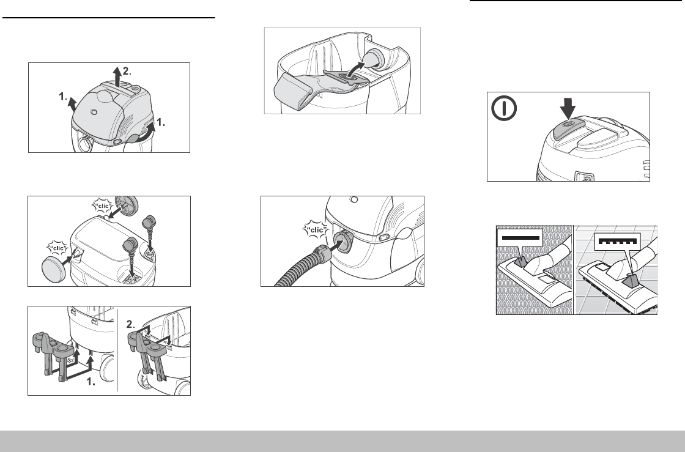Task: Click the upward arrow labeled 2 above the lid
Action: coord(117,77)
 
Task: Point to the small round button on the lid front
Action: coord(94,113)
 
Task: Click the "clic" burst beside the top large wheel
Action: coord(103,206)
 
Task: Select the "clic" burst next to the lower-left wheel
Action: coord(58,248)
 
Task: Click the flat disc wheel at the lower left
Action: coord(53,270)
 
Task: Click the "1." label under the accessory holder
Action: coord(91,382)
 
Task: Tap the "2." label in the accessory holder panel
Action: coord(131,324)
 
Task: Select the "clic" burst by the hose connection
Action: coord(315,230)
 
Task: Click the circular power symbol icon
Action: coord(504,108)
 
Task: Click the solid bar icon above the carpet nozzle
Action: coord(520,238)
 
